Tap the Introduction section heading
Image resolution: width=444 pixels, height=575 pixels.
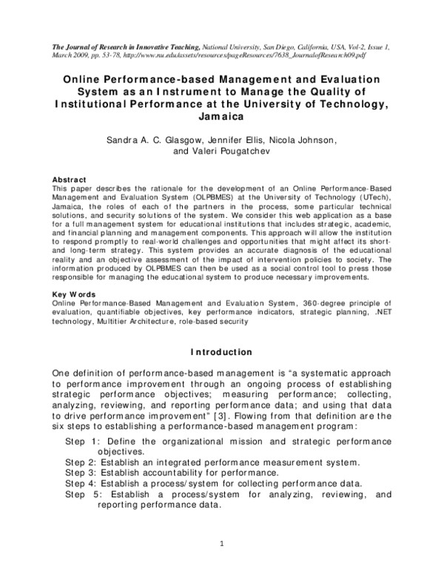point(221,351)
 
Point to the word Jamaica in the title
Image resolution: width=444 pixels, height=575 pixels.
point(221,116)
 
